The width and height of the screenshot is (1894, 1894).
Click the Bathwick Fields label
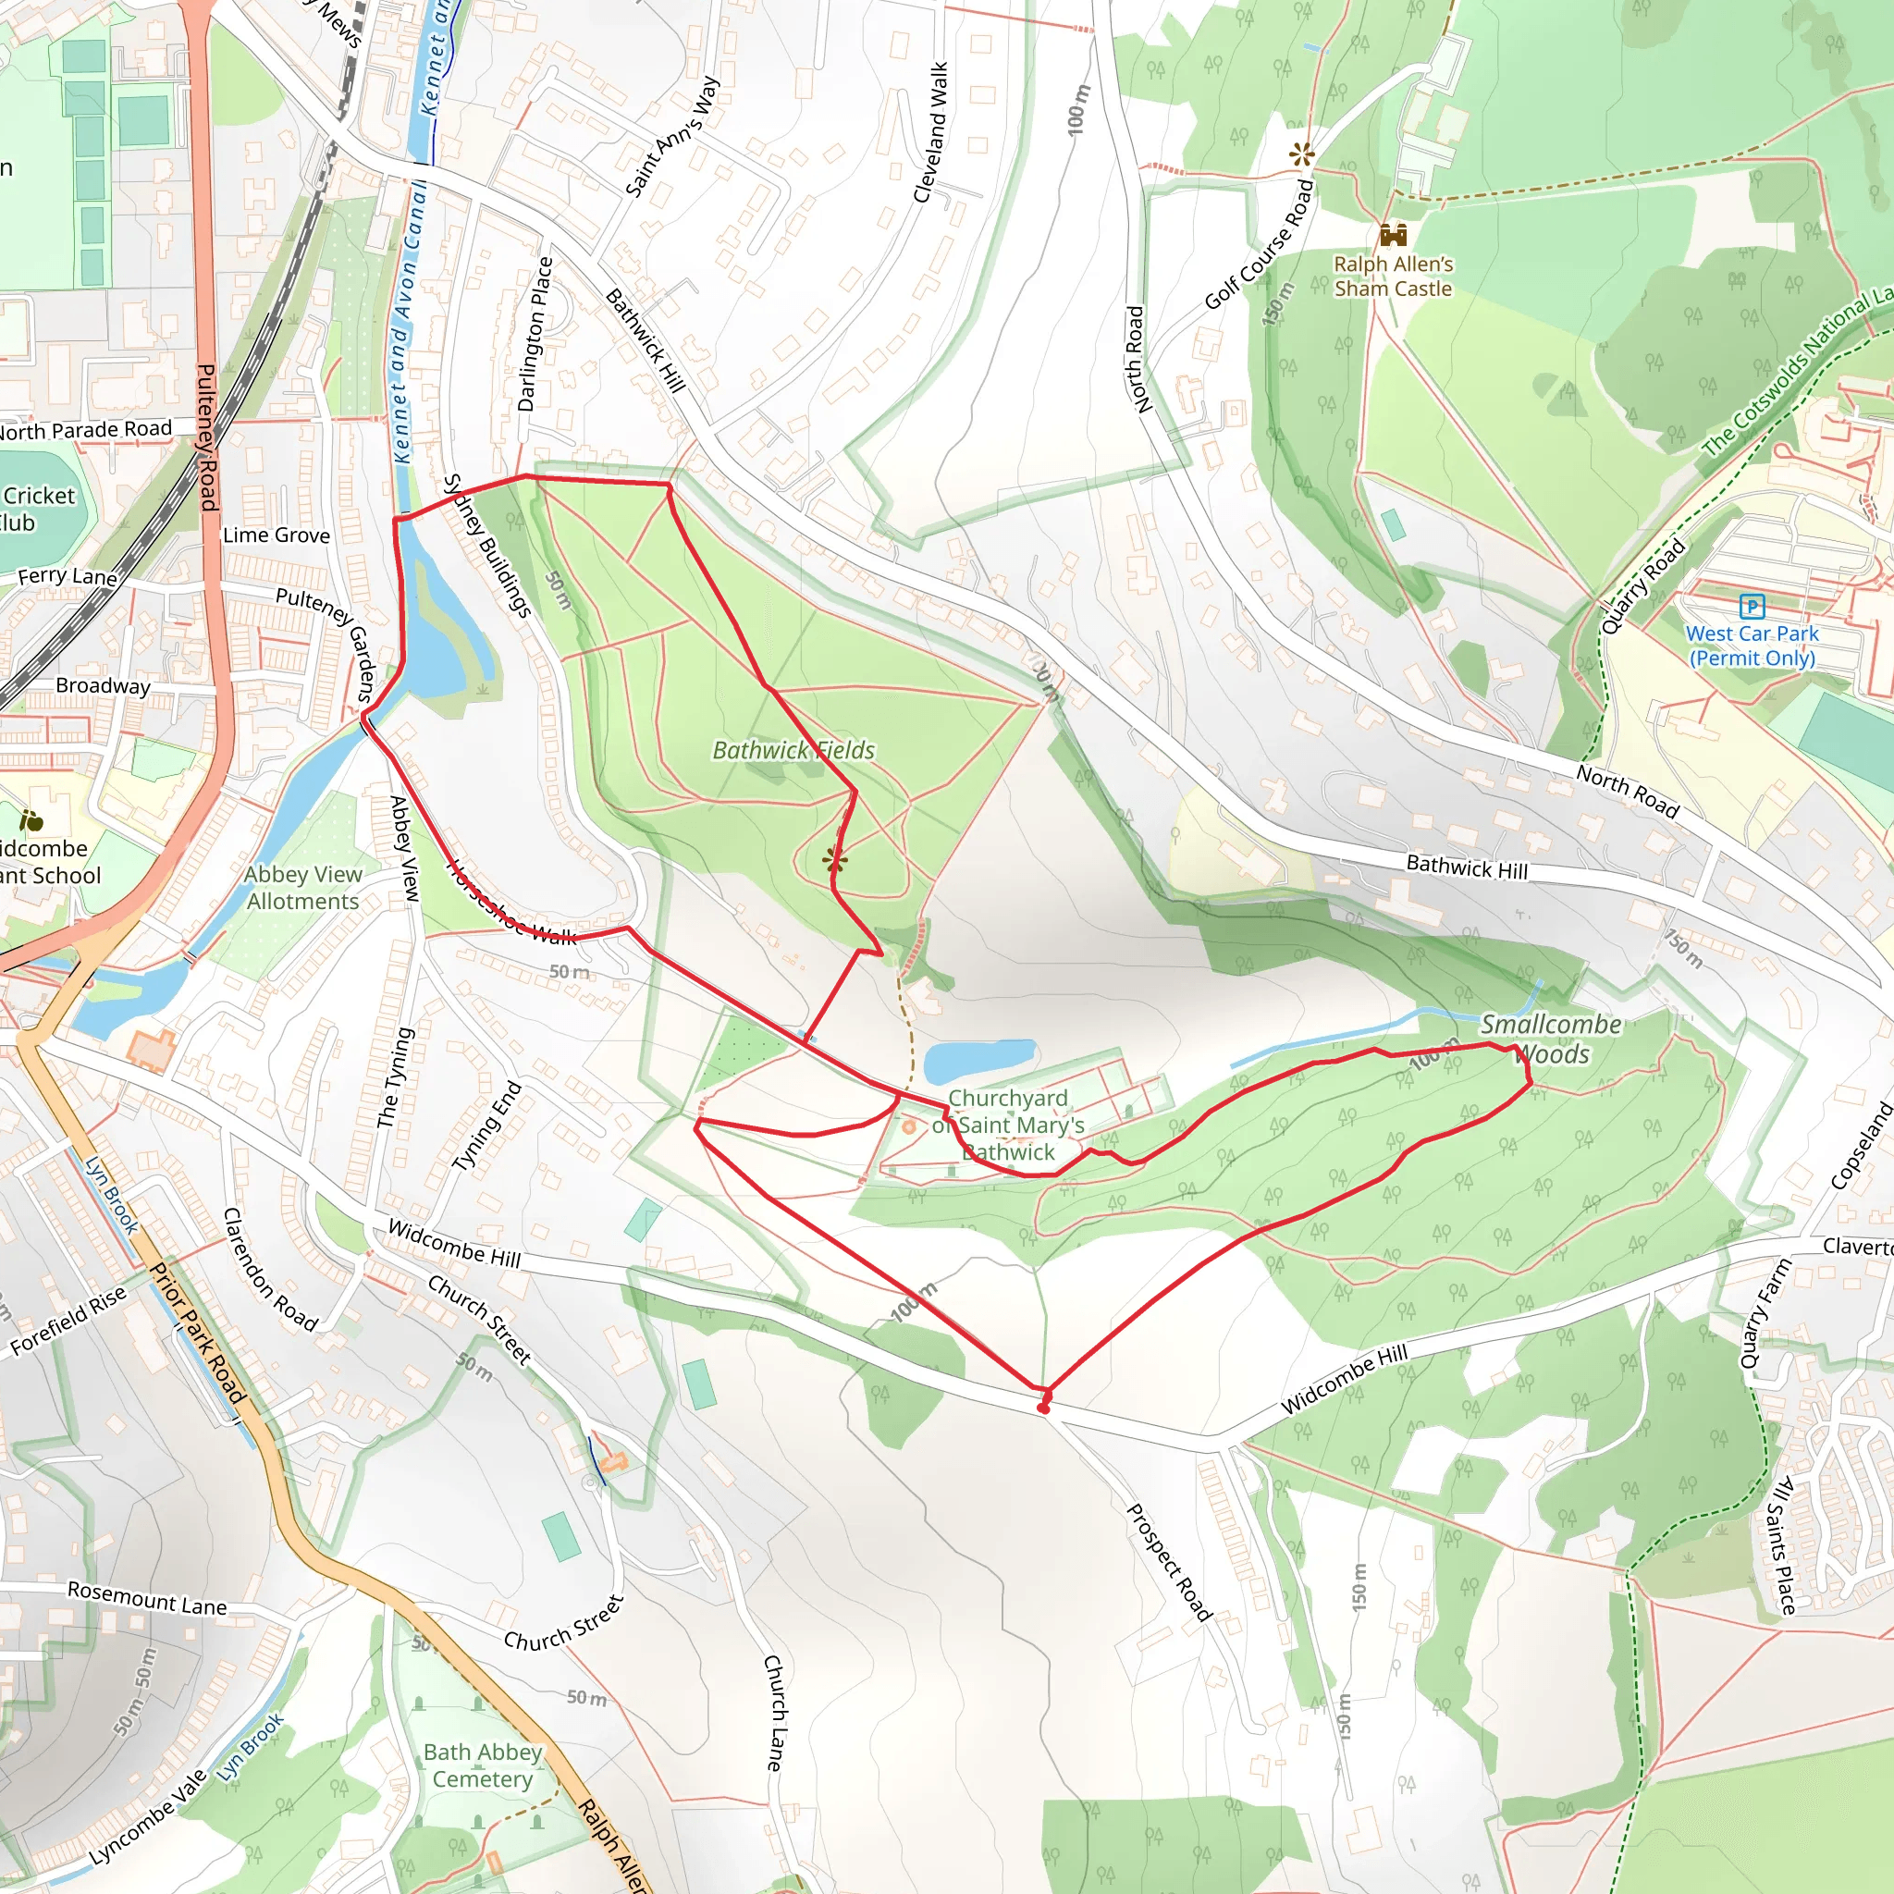(793, 750)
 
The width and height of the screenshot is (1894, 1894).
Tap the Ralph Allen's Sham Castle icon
(1393, 234)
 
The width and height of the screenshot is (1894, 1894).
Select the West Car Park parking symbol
(1752, 607)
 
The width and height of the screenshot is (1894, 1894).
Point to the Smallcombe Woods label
(1550, 1039)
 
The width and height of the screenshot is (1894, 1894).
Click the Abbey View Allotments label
(303, 887)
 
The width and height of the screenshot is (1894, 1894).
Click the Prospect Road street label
(1169, 1563)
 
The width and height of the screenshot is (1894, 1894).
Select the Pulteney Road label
(208, 437)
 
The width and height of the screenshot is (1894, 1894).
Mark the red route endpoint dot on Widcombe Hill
(1043, 1408)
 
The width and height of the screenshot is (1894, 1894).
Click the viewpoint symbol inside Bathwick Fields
(835, 861)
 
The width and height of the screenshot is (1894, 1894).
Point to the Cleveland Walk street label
(931, 132)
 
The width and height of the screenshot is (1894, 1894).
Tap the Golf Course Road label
(1259, 244)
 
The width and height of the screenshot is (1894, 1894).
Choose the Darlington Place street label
(535, 334)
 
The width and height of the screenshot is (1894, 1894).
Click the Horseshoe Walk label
(510, 903)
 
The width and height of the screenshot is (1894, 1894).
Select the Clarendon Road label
(270, 1270)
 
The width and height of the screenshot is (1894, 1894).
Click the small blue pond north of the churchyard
(978, 1060)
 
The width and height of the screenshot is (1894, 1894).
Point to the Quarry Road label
(1643, 587)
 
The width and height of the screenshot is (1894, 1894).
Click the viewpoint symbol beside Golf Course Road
(1302, 153)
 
